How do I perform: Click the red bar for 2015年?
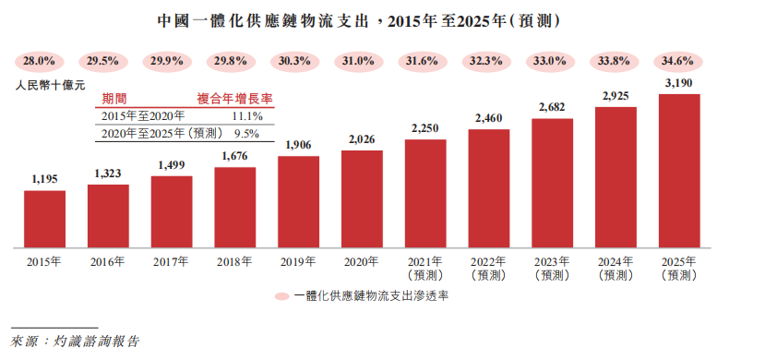click(x=44, y=219)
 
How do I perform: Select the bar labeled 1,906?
click(x=298, y=201)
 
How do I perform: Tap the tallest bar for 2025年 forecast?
click(x=678, y=171)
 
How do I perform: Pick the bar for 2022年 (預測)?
click(x=488, y=188)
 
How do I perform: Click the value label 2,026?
click(x=362, y=139)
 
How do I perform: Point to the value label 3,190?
click(x=678, y=83)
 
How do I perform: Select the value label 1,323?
click(x=108, y=174)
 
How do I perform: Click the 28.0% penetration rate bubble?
click(x=40, y=61)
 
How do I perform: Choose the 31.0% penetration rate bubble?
click(x=361, y=61)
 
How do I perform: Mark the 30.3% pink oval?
click(x=297, y=61)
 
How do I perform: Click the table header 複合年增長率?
click(x=235, y=99)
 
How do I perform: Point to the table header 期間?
click(x=114, y=99)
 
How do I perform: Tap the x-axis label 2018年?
click(x=234, y=262)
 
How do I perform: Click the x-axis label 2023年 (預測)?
click(x=552, y=268)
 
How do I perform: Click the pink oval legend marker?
click(x=282, y=297)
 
